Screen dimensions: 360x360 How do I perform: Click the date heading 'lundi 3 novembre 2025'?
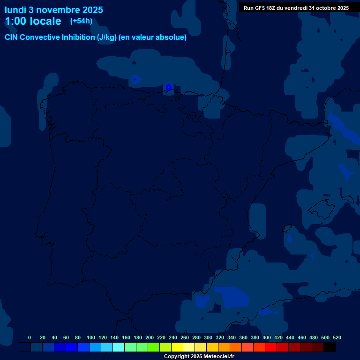click(x=54, y=10)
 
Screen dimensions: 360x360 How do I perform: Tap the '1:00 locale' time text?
click(x=33, y=21)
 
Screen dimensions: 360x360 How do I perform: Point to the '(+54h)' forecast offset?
click(x=81, y=21)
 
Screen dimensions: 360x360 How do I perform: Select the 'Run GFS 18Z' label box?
click(x=296, y=8)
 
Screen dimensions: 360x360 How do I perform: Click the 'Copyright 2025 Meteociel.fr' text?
click(x=199, y=356)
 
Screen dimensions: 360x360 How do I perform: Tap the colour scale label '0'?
click(x=30, y=337)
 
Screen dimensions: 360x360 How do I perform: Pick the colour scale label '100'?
click(x=91, y=337)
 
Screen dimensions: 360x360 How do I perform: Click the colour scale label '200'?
click(x=150, y=337)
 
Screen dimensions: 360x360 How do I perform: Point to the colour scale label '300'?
click(x=208, y=337)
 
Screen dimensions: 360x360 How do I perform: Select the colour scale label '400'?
click(x=267, y=337)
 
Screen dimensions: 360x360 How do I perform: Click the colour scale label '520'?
click(x=337, y=337)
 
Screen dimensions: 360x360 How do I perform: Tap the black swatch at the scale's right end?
click(x=330, y=347)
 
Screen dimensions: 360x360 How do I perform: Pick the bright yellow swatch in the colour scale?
click(x=177, y=347)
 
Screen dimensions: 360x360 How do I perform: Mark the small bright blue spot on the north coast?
click(x=168, y=87)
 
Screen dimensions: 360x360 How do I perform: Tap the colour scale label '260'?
click(x=185, y=337)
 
